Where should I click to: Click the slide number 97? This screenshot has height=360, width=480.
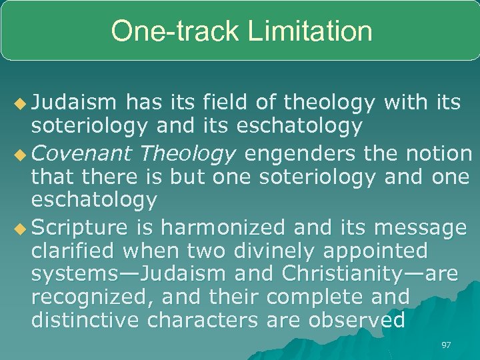[446, 345]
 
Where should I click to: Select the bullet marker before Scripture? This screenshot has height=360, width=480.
[21, 228]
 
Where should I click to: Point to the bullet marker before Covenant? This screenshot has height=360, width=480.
[21, 154]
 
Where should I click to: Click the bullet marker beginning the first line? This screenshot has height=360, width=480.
[21, 102]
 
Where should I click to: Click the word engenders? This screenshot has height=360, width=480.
[299, 153]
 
